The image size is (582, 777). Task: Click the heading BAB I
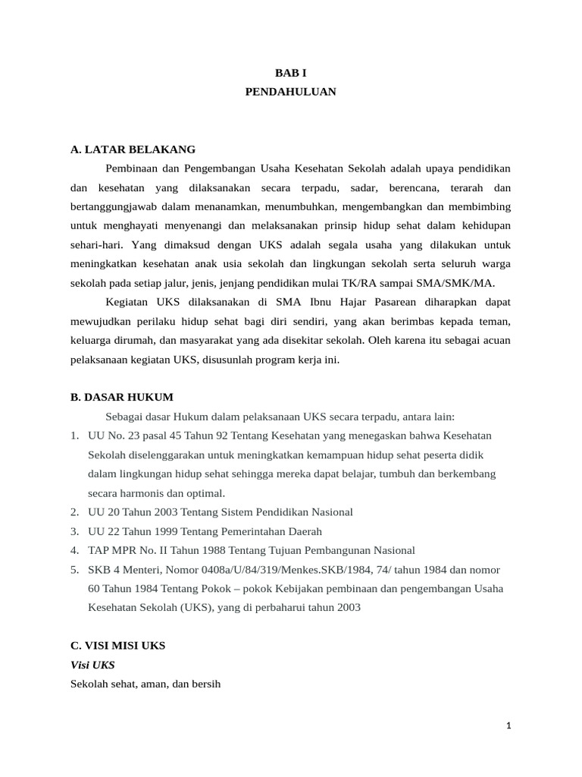[290, 72]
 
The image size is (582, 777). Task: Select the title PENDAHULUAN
[290, 91]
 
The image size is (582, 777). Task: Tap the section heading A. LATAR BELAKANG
[133, 149]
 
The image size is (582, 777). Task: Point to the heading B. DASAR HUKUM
[122, 397]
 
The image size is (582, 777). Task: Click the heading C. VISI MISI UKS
[117, 645]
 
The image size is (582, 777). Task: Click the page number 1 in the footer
[509, 725]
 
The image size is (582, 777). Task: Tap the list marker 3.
[74, 531]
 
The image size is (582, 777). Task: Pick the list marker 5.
[74, 569]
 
